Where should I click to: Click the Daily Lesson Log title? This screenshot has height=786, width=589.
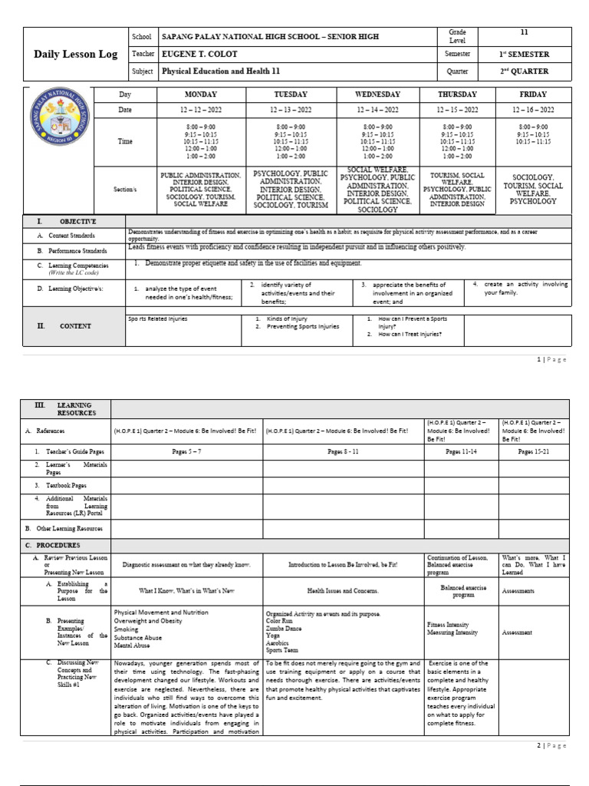coord(74,54)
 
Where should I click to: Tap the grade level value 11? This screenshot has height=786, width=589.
coord(524,32)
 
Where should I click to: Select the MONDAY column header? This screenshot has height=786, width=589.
coord(201,94)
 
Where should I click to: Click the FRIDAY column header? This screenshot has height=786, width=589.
coord(533,94)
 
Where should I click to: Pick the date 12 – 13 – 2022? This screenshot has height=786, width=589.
coord(289,110)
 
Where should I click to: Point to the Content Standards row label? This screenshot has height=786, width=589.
coord(70,236)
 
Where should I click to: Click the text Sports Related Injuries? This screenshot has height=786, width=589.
coord(157,318)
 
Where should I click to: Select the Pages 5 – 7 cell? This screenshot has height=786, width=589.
coord(187,453)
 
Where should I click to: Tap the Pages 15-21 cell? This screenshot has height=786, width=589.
coord(535,453)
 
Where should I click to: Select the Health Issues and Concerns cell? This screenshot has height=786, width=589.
coord(343,591)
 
